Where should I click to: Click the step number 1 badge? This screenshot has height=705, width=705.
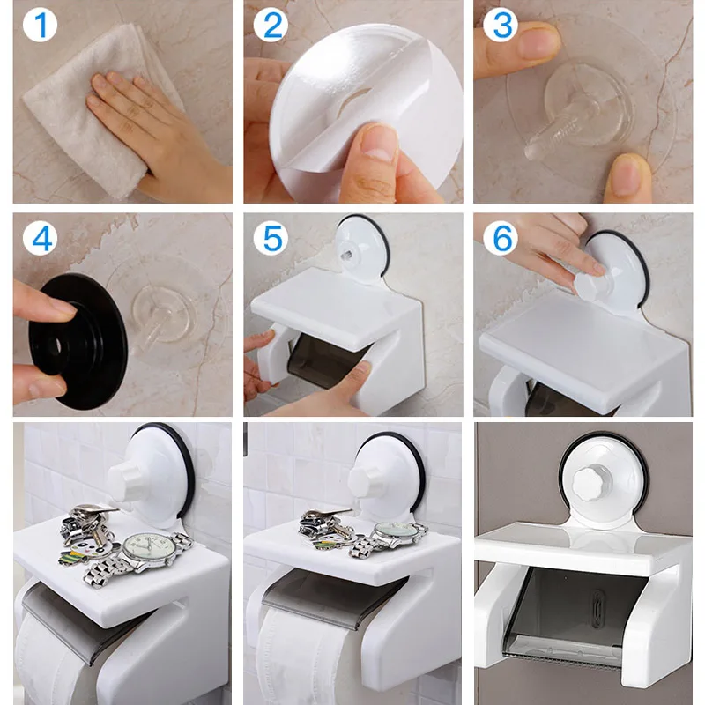[x=40, y=26]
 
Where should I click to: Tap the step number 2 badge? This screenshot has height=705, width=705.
[x=271, y=26]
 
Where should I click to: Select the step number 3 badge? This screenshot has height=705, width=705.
[x=501, y=26]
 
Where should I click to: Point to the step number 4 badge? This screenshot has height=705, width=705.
[x=40, y=238]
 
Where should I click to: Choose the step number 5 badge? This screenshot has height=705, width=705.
[x=271, y=238]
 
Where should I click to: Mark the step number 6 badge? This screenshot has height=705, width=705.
[x=501, y=238]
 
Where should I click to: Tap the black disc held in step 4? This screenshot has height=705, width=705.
[x=78, y=342]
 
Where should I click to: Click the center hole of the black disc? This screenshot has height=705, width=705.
[x=56, y=345]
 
